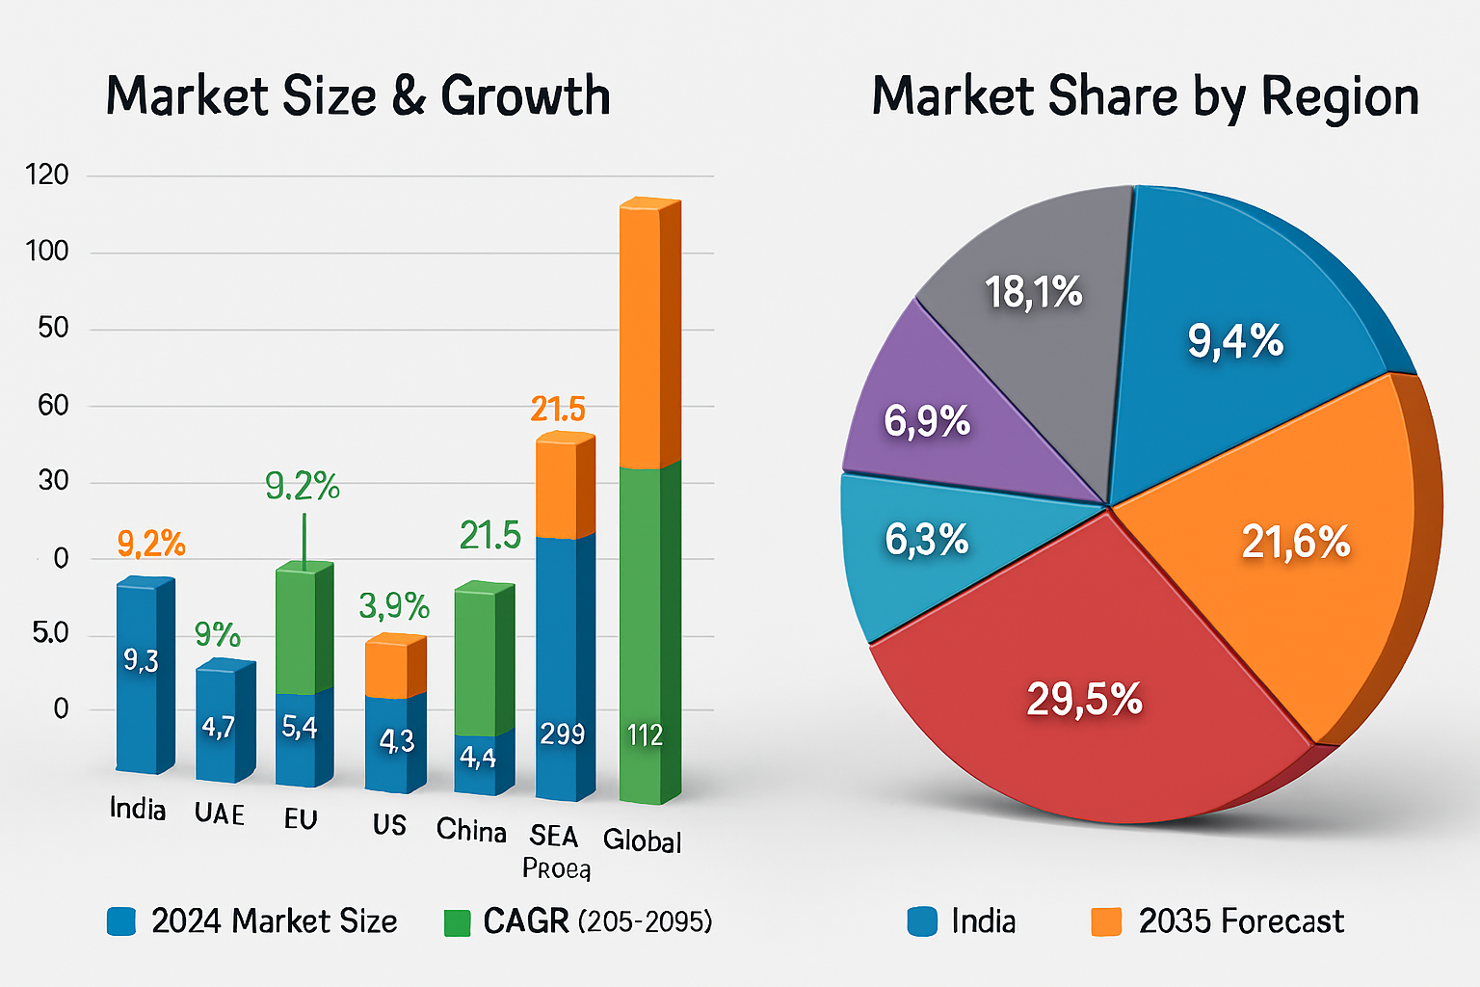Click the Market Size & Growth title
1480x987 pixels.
pos(357,96)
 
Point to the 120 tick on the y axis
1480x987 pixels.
pos(47,174)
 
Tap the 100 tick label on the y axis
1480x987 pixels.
pos(47,252)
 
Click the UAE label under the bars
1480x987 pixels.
pos(219,814)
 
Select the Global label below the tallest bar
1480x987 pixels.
pos(642,840)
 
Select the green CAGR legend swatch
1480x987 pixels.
pos(457,922)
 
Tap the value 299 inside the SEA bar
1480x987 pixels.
pos(562,734)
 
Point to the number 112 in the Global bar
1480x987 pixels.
pos(645,735)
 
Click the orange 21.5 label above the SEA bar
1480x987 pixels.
pos(558,410)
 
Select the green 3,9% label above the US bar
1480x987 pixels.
pos(393,606)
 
